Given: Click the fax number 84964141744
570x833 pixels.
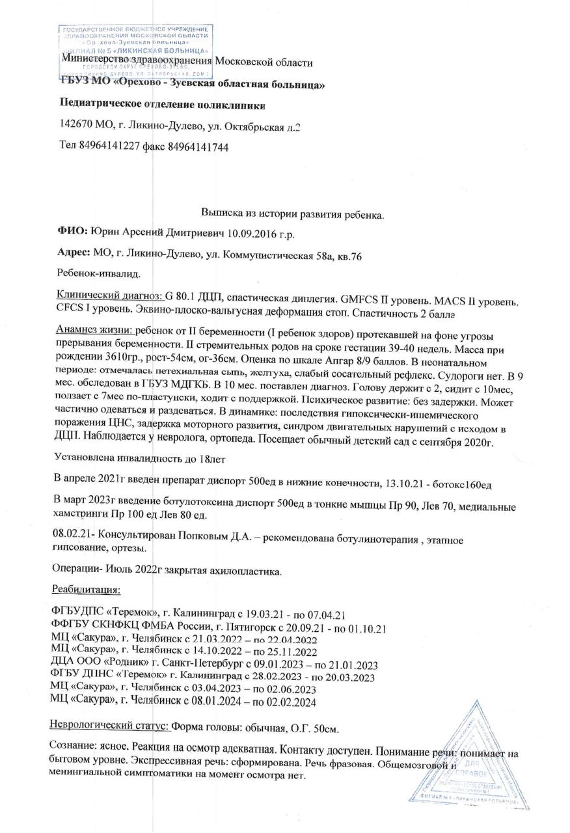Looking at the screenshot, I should click(198, 147).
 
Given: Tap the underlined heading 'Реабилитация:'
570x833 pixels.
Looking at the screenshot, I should click(85, 590).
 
